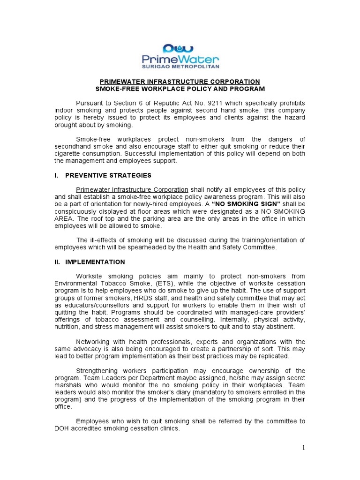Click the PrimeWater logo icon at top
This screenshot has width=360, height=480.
(180, 48)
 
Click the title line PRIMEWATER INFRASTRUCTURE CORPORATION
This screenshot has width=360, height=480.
(180, 82)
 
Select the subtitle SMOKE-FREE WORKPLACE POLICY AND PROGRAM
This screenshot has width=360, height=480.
(180, 89)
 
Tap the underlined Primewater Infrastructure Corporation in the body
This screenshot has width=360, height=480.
(132, 189)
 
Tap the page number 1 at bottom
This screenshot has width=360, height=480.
(303, 448)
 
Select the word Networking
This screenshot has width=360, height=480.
(95, 341)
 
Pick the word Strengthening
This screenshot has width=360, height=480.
(99, 370)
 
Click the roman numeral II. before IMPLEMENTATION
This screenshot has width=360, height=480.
(58, 262)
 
